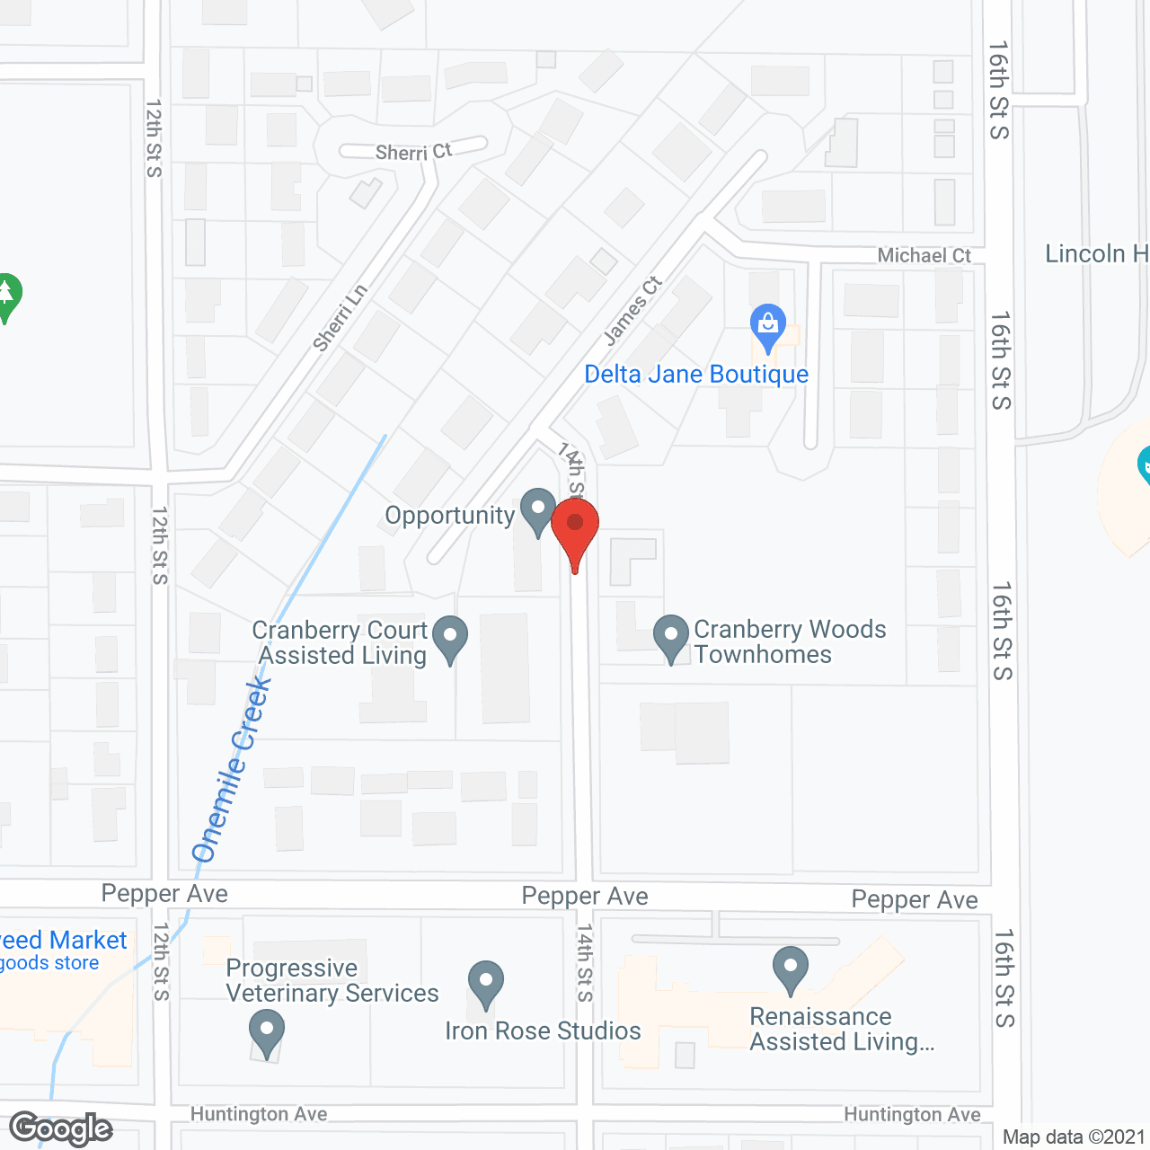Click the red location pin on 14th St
tap(575, 529)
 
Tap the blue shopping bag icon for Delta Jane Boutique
tap(768, 325)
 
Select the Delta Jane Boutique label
tap(696, 374)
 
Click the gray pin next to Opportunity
tap(538, 510)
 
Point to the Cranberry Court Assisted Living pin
tap(450, 637)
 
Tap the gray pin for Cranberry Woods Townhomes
tap(670, 636)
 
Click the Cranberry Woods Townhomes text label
tap(789, 641)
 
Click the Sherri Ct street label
tap(413, 152)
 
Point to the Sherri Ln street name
tap(340, 317)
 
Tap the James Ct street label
tap(632, 310)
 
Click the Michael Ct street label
tap(924, 256)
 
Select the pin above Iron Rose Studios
tap(486, 983)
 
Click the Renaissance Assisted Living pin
tap(791, 969)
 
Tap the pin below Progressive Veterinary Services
tap(266, 1031)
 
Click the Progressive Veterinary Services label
tap(332, 980)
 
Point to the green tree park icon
tap(7, 295)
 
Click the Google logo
tap(61, 1128)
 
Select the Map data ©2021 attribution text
tap(1074, 1137)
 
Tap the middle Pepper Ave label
tap(585, 896)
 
